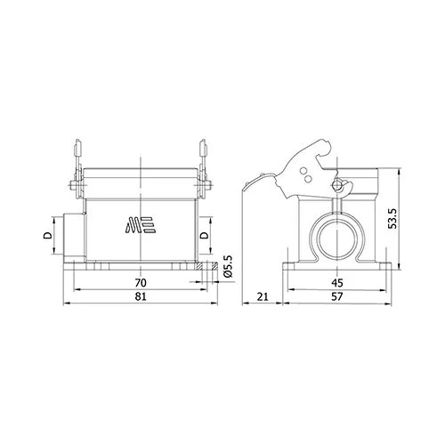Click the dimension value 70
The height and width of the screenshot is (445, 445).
141,283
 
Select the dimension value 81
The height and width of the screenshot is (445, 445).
141,296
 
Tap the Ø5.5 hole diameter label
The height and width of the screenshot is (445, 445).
229,266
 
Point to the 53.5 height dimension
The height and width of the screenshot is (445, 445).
392,218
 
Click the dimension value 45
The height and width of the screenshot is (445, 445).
337,283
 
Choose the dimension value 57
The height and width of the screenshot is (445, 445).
337,296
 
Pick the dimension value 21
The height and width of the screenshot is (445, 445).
263,296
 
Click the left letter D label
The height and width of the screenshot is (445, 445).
48,235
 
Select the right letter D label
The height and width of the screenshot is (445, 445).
204,235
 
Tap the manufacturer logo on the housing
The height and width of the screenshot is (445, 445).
141,225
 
